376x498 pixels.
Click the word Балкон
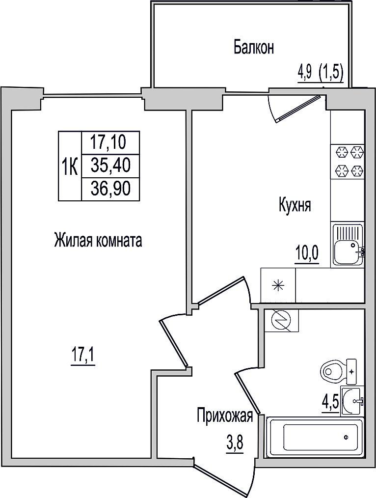pos(253,48)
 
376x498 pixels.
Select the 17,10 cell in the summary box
pos(110,141)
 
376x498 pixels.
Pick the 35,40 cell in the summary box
pos(110,166)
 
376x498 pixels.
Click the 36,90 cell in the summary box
pos(110,189)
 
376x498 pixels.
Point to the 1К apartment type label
pos(70,166)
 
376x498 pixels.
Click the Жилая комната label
pos(98,241)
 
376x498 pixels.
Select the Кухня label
pos(295,205)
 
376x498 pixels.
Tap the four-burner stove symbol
pos(347,162)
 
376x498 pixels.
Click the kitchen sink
pos(348,245)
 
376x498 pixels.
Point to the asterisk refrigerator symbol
pos(278,285)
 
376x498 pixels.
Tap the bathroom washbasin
pos(352,401)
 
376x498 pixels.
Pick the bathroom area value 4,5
pos(330,404)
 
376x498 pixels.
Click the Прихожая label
pos(225,416)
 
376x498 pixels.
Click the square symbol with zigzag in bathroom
pos(281,321)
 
